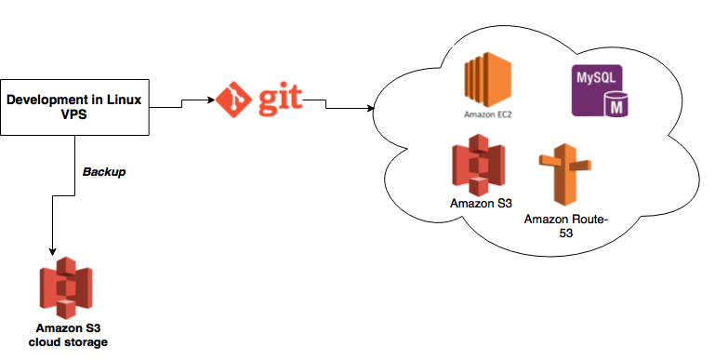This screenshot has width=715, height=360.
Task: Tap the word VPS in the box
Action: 74,115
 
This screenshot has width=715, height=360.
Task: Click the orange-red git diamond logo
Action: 233,98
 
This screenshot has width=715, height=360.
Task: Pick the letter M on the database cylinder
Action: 613,104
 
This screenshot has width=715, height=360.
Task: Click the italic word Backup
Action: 102,173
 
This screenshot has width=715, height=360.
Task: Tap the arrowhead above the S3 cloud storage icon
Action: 53,251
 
